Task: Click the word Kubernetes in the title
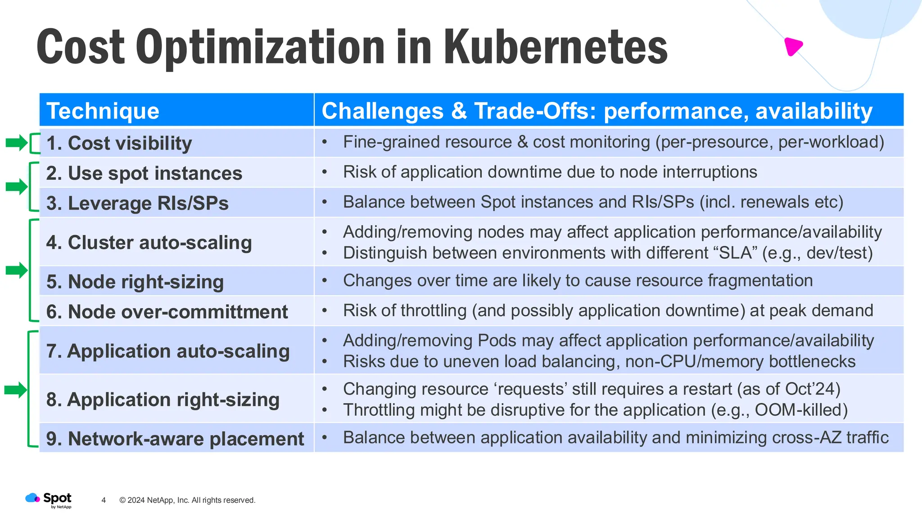555,47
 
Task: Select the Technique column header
103,111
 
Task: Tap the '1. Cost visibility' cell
119,143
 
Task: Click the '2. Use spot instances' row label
144,173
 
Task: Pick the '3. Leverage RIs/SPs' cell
137,203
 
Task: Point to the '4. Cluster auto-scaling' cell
149,242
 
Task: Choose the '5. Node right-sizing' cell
135,282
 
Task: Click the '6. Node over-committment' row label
167,312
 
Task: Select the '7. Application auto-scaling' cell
168,351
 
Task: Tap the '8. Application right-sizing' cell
163,400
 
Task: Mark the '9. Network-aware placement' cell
175,439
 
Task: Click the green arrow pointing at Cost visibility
17,143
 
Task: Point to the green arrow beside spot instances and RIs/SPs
17,187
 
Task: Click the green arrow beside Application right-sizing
16,390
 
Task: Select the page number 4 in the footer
104,500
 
